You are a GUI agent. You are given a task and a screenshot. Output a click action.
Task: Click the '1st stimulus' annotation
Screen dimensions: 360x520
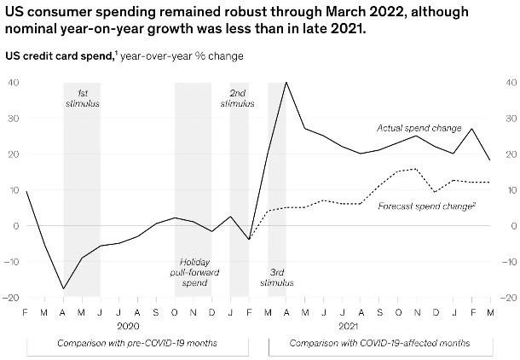82,96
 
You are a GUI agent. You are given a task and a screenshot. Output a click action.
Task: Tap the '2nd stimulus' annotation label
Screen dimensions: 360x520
237,96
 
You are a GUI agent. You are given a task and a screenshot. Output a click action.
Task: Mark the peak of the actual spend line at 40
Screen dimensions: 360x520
286,83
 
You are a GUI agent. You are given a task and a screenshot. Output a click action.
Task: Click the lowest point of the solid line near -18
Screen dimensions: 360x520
63,289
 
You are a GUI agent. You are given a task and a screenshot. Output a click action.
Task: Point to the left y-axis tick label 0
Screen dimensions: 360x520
16,226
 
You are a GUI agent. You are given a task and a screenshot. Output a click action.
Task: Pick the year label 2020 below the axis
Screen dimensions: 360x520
128,325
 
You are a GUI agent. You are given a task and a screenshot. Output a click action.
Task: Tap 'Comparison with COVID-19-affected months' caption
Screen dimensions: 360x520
379,343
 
